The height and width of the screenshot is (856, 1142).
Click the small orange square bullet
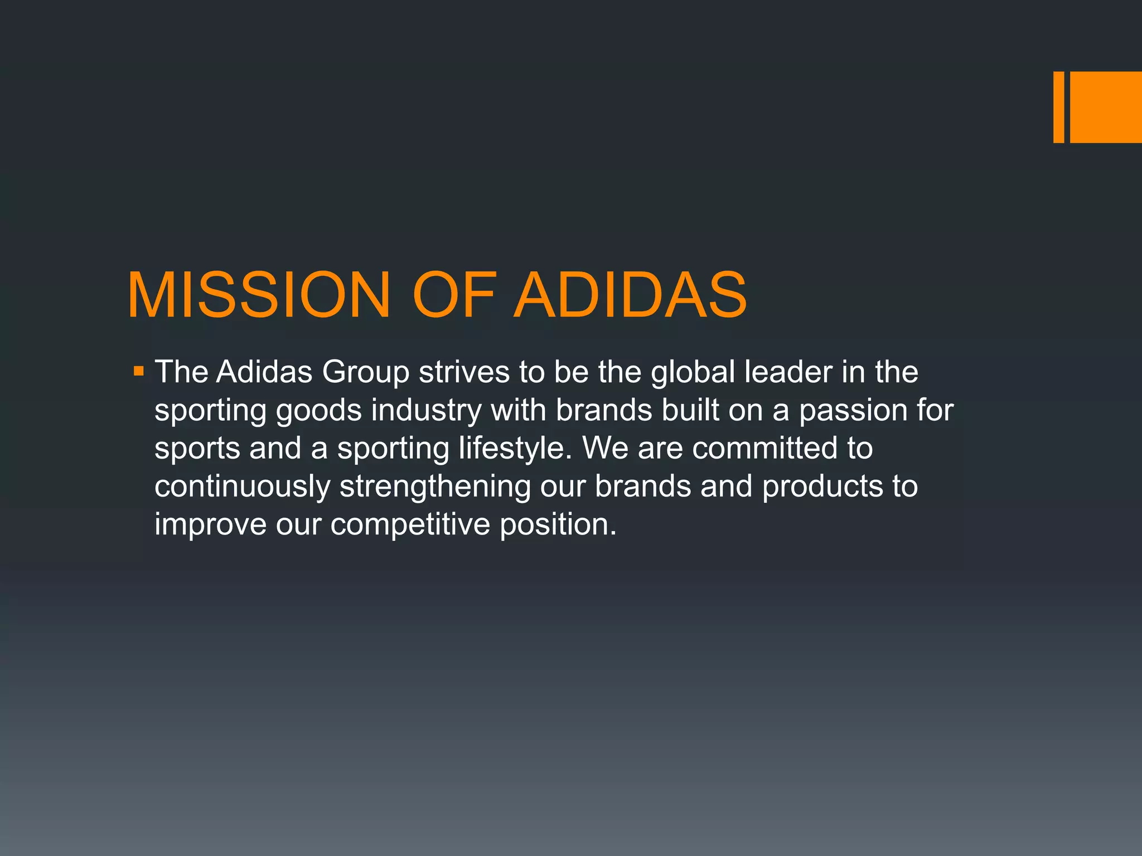[139, 371]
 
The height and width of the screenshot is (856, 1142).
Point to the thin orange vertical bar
[1058, 107]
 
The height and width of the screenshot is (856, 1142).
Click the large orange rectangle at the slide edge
[1106, 107]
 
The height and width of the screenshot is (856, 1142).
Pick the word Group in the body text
[365, 372]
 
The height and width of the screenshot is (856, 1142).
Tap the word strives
[464, 372]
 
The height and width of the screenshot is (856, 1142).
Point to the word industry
[426, 411]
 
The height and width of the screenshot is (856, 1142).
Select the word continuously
[243, 487]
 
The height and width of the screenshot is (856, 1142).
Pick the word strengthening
[435, 487]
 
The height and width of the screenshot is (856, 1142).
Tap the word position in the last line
[558, 525]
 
